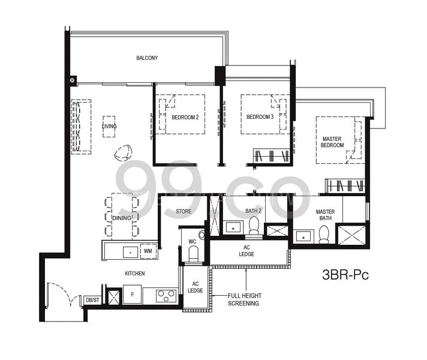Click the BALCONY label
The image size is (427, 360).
147,58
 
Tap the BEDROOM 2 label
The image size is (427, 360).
185,118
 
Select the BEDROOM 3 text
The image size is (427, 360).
260,117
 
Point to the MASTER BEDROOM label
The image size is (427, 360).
332,142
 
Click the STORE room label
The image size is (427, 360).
184,211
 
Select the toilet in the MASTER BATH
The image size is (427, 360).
324,235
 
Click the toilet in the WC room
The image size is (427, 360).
194,254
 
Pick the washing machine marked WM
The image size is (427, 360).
148,251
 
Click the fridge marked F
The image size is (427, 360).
133,295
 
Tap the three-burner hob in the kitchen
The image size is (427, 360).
166,296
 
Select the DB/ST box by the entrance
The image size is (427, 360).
92,300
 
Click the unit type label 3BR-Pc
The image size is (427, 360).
345,274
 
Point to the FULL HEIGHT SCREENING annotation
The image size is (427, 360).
244,299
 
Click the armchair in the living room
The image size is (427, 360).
124,152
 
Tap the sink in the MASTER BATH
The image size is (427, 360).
303,236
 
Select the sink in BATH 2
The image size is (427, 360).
233,227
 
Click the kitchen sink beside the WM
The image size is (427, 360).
131,252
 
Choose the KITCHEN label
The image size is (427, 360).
135,274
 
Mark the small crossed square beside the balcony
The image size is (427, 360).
72,80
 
